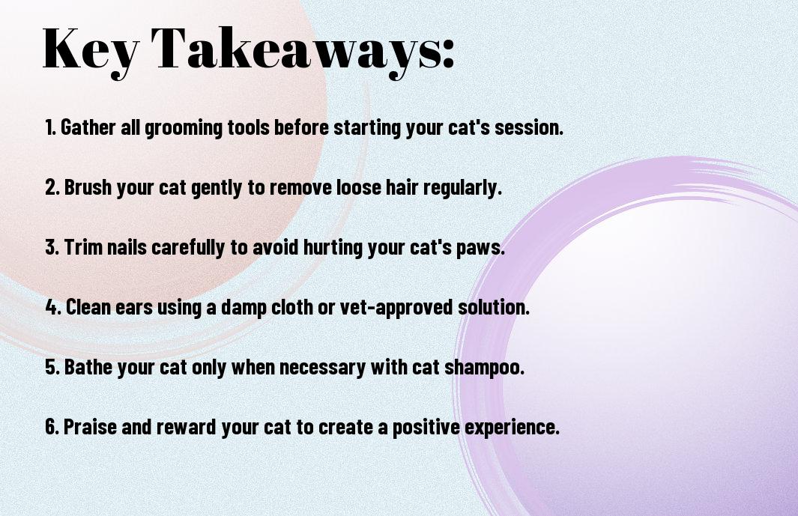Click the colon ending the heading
point(447,53)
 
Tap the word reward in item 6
point(187,427)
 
